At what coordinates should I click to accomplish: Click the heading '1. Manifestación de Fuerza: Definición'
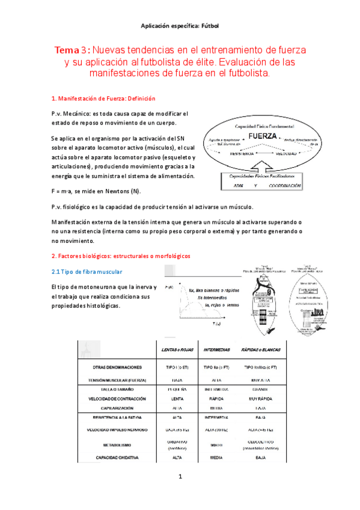click(x=103, y=99)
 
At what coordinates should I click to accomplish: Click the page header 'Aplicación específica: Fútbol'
click(x=180, y=26)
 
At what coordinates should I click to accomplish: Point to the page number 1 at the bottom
click(x=179, y=478)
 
